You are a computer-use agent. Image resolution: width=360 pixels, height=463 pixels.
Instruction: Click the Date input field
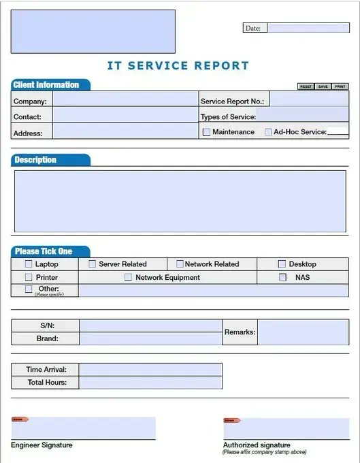(x=308, y=28)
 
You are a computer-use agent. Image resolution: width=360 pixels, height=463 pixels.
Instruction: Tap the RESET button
(x=306, y=86)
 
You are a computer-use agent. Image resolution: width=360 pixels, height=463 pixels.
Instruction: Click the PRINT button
(x=340, y=86)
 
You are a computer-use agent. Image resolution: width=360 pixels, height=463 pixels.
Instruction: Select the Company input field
(x=125, y=101)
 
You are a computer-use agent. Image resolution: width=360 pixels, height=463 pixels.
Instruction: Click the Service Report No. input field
(x=309, y=101)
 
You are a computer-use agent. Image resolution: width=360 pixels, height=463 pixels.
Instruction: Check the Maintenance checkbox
(x=206, y=132)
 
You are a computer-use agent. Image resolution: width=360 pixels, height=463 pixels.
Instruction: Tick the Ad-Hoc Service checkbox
(x=268, y=132)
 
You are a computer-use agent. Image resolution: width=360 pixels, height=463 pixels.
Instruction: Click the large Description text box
(x=180, y=201)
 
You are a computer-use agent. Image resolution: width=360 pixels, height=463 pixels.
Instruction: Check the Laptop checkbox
(x=29, y=264)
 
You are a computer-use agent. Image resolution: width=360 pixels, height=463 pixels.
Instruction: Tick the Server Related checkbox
(x=92, y=264)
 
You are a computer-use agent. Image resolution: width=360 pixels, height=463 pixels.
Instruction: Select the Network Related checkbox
(x=180, y=264)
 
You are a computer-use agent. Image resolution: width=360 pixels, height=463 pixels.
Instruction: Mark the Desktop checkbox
(x=282, y=264)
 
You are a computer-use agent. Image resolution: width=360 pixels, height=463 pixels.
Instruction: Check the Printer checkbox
(x=29, y=278)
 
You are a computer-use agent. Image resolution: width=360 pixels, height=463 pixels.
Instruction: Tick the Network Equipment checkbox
(x=128, y=278)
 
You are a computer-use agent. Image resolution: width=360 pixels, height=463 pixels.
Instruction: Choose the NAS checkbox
(x=282, y=278)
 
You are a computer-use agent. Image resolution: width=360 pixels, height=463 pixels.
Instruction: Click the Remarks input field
(x=303, y=332)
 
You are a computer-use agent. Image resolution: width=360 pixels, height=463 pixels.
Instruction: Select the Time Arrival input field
(x=150, y=370)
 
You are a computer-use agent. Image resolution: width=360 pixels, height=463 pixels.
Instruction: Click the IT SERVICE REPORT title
(x=178, y=66)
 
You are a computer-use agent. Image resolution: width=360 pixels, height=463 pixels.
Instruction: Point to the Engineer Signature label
(x=42, y=445)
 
